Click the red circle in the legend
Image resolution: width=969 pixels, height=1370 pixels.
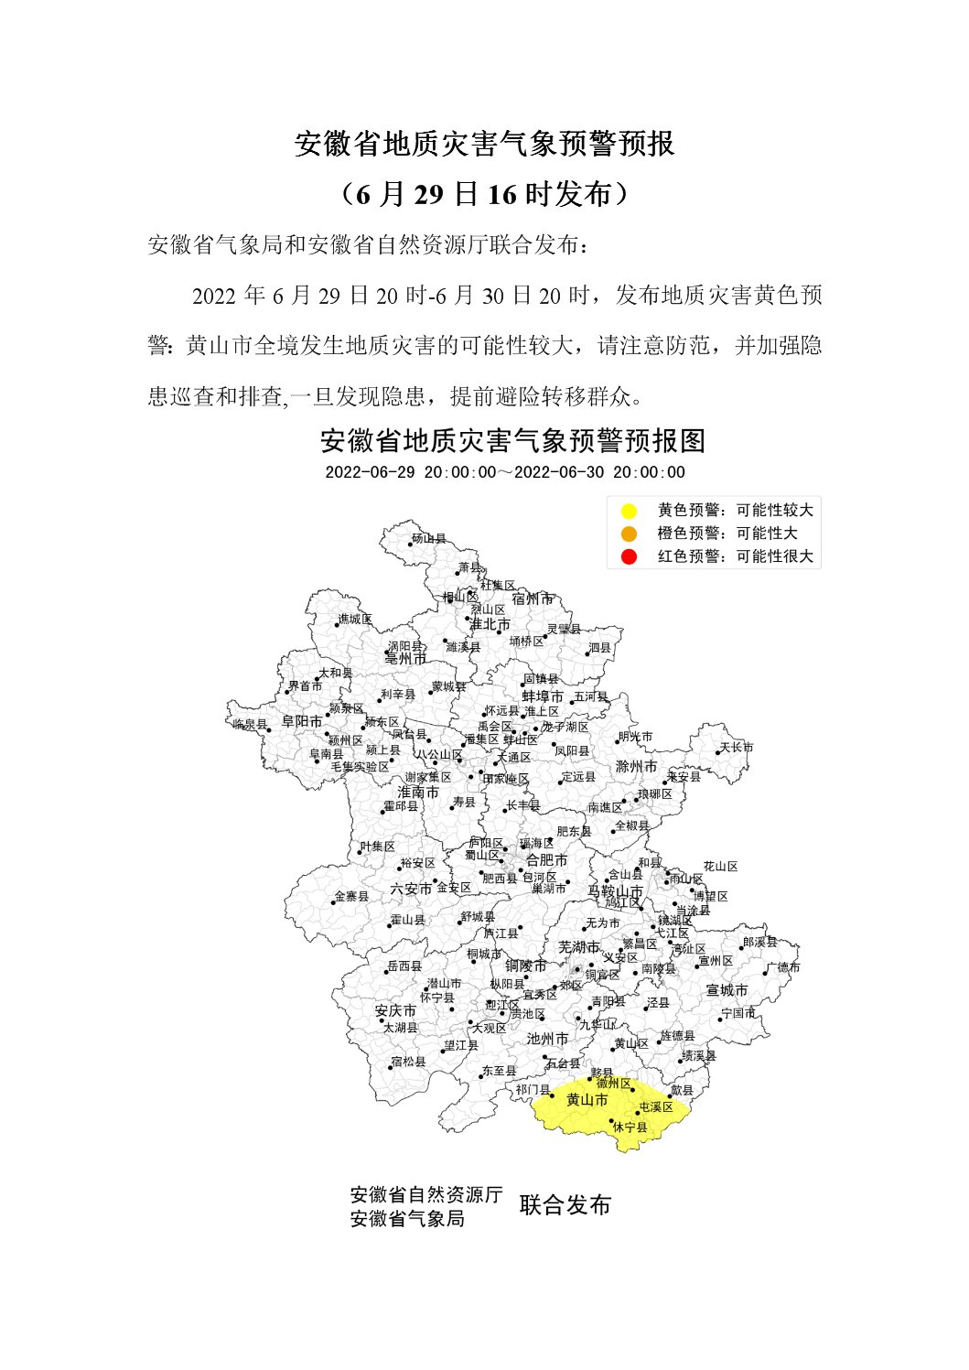click(x=629, y=556)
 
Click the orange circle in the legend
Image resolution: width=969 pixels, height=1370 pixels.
click(x=629, y=534)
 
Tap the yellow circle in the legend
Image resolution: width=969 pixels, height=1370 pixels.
click(x=629, y=511)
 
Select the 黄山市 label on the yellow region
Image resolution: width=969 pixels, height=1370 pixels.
click(x=587, y=1100)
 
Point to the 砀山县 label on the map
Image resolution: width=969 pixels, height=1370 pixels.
click(x=429, y=539)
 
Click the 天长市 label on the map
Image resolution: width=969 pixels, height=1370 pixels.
click(x=737, y=748)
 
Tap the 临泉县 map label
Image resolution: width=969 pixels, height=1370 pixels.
click(x=250, y=724)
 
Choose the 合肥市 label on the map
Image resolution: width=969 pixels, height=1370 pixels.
click(x=546, y=860)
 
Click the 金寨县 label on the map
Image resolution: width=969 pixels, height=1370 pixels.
click(x=352, y=897)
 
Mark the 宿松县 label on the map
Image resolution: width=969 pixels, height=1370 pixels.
click(x=409, y=1062)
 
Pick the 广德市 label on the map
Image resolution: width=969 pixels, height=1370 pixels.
click(x=783, y=967)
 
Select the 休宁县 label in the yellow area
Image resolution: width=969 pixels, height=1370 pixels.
click(x=630, y=1127)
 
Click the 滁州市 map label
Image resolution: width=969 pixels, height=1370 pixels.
click(x=636, y=766)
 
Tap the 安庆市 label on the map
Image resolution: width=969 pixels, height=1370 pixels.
click(x=395, y=1011)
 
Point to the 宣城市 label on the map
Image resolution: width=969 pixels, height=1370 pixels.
click(x=727, y=990)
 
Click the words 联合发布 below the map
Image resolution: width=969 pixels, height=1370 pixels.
click(x=565, y=1205)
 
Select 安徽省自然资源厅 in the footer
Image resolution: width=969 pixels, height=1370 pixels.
click(x=426, y=1194)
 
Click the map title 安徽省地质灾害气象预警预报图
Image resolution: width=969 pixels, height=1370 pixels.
click(x=512, y=441)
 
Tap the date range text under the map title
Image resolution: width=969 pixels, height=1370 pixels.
click(x=505, y=472)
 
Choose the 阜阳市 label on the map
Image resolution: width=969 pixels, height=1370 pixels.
click(x=302, y=721)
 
